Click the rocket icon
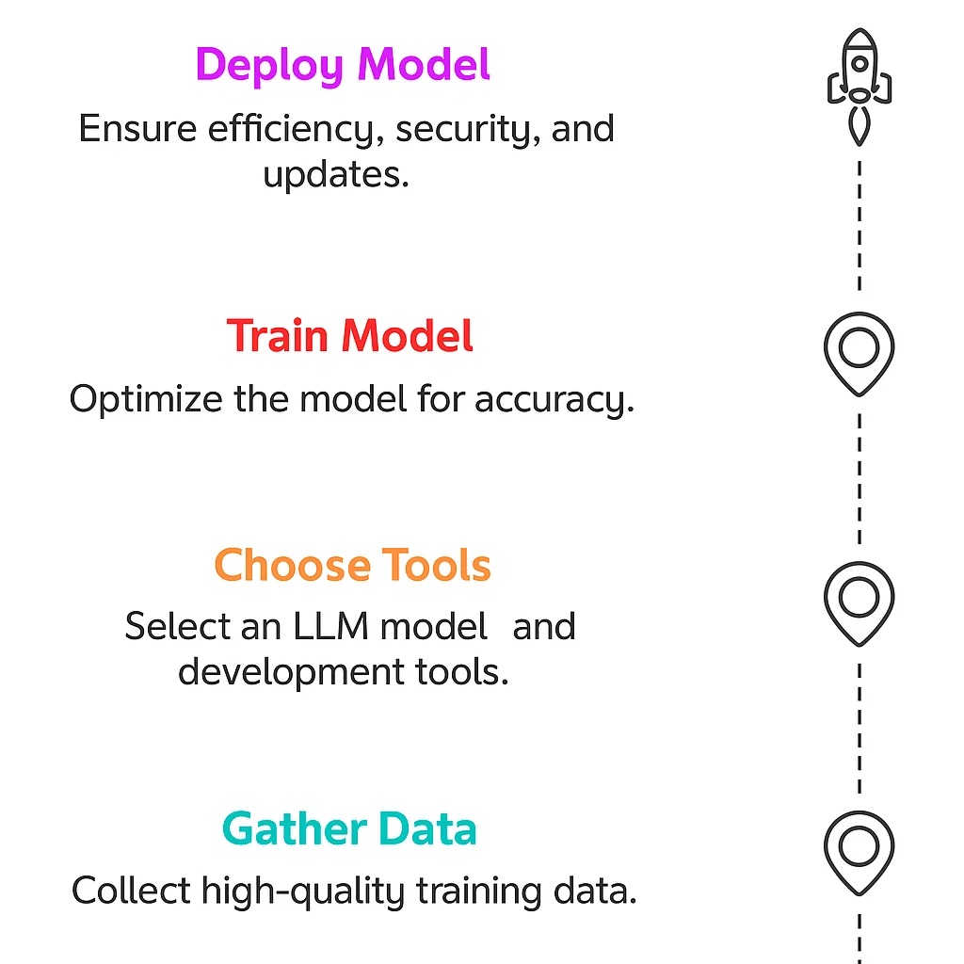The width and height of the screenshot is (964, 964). pyautogui.click(x=859, y=87)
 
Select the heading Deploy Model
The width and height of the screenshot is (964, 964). pyautogui.click(x=343, y=66)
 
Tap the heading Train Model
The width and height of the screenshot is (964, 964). pyautogui.click(x=350, y=336)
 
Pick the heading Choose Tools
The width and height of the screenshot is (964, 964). pyautogui.click(x=352, y=566)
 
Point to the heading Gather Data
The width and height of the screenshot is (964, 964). pyautogui.click(x=349, y=829)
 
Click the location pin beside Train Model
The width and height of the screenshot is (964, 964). pyautogui.click(x=859, y=353)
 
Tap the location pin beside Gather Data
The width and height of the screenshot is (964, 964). pyautogui.click(x=859, y=850)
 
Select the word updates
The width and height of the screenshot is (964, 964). pyautogui.click(x=336, y=175)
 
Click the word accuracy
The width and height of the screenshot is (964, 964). pyautogui.click(x=554, y=400)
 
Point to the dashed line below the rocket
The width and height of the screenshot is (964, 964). pyautogui.click(x=859, y=226)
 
